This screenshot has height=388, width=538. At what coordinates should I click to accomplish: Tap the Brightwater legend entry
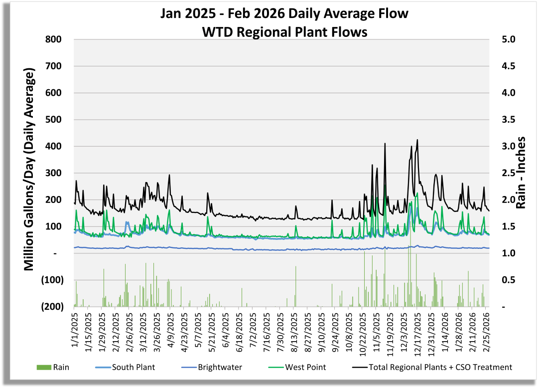point(220,368)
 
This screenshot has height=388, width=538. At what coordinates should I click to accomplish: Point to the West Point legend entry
point(305,368)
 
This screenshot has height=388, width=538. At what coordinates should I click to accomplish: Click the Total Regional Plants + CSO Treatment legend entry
point(440,368)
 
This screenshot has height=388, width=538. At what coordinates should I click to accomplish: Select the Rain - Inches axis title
point(521,173)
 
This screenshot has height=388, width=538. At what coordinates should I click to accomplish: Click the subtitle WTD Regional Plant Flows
point(284,32)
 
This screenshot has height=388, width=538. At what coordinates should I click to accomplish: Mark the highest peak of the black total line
point(417,140)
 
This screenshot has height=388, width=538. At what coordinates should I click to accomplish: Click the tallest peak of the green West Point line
point(385,186)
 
